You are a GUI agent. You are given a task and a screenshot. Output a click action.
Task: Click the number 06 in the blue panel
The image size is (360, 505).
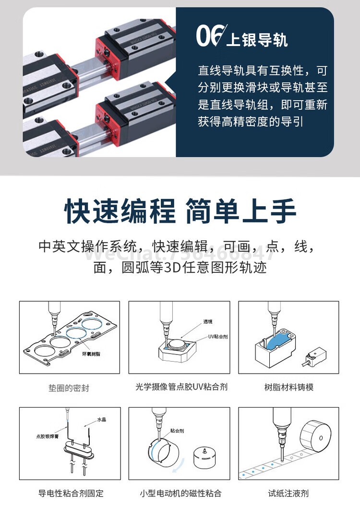click(210, 36)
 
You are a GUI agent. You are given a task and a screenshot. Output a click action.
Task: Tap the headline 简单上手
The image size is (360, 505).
click(241, 211)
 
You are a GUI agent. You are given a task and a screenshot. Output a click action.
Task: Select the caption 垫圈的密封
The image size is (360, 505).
click(69, 388)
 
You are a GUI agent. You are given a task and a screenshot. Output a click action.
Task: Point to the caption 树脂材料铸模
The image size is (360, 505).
click(288, 387)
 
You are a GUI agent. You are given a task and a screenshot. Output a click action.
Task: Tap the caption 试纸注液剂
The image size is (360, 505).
click(288, 493)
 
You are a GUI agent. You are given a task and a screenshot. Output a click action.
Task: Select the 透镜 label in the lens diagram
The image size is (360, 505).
click(207, 321)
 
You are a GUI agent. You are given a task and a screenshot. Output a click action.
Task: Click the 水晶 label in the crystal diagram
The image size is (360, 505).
click(101, 420)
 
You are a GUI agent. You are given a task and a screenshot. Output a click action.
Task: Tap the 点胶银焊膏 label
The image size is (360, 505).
click(47, 436)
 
